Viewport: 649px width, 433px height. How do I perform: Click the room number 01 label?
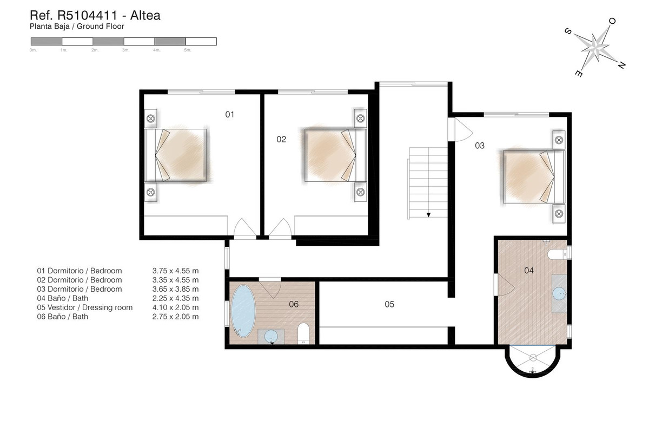(229, 115)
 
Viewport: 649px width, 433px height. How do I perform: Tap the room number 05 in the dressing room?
(389, 304)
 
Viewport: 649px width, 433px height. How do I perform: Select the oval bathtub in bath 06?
(243, 311)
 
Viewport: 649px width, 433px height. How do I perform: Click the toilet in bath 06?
(303, 333)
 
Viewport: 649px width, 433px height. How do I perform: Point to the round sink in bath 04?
(559, 293)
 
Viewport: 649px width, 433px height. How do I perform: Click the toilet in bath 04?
(557, 254)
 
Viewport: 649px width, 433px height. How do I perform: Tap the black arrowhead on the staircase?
(428, 215)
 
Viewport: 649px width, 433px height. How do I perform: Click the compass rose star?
(595, 47)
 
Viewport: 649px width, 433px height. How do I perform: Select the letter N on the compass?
(621, 65)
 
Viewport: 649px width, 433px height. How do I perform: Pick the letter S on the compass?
(568, 31)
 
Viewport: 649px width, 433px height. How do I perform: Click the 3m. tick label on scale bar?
(125, 50)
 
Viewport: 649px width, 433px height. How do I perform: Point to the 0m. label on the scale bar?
(33, 50)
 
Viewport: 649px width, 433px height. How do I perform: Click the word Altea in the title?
(145, 15)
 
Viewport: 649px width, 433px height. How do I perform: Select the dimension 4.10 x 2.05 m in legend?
(176, 307)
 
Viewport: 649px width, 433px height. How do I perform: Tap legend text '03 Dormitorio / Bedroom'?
(80, 289)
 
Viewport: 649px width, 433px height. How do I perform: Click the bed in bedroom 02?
(335, 155)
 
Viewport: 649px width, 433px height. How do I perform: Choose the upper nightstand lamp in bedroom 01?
(151, 119)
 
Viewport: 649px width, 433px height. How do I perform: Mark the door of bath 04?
(505, 285)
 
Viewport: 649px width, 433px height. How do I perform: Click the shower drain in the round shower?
(533, 358)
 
